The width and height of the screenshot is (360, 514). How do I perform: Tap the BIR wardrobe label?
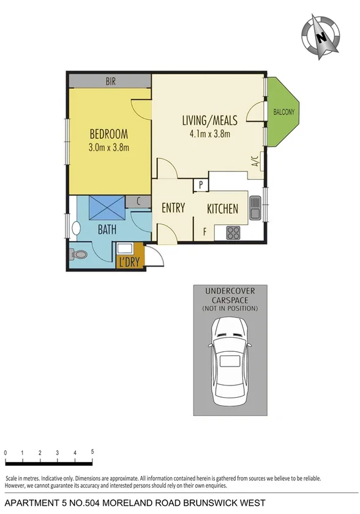(x=110, y=80)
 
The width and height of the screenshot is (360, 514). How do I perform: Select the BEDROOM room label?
(x=109, y=133)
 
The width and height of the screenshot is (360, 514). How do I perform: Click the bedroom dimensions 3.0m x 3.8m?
(x=109, y=147)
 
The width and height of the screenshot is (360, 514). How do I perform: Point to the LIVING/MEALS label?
(x=210, y=121)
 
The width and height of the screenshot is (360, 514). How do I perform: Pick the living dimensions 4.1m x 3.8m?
(x=210, y=135)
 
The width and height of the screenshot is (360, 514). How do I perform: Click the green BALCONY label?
(x=284, y=112)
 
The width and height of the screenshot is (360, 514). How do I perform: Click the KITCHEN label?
(x=222, y=209)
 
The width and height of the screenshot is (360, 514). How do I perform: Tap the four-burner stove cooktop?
(x=233, y=233)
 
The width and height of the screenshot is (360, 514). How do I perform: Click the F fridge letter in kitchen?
(x=204, y=231)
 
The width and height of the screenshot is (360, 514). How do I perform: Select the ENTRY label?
(x=173, y=208)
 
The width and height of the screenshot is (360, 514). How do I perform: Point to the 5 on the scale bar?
(x=92, y=451)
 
